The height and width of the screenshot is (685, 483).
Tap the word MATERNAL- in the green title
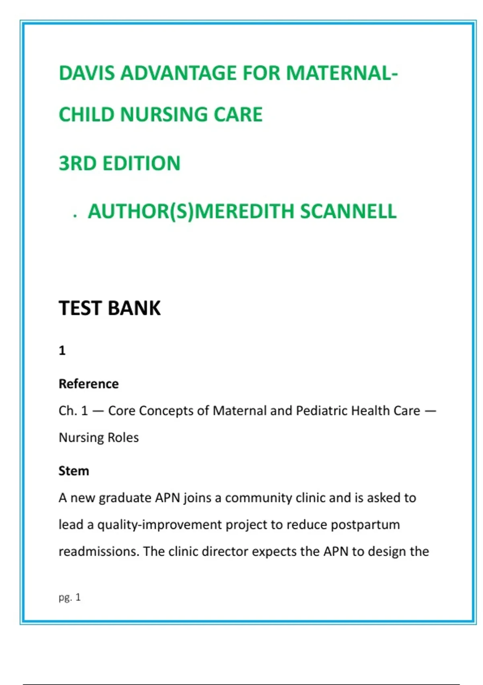[x=342, y=73]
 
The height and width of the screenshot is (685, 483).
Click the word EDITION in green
[x=141, y=164]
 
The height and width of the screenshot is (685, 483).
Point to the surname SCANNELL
[x=348, y=212]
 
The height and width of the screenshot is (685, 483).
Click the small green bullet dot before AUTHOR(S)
[x=75, y=216]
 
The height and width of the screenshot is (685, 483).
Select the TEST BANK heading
[x=109, y=308]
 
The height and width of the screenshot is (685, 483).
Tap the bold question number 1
[x=62, y=351]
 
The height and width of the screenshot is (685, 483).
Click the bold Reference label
[x=89, y=384]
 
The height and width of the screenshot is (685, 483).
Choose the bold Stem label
[x=74, y=471]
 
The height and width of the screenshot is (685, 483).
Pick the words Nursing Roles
[x=99, y=438]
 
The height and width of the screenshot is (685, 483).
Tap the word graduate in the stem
[x=125, y=498]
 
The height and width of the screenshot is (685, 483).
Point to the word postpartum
[x=365, y=525]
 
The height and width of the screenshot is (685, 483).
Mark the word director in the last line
[x=225, y=551]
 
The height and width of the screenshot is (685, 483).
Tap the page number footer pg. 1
[x=70, y=598]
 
